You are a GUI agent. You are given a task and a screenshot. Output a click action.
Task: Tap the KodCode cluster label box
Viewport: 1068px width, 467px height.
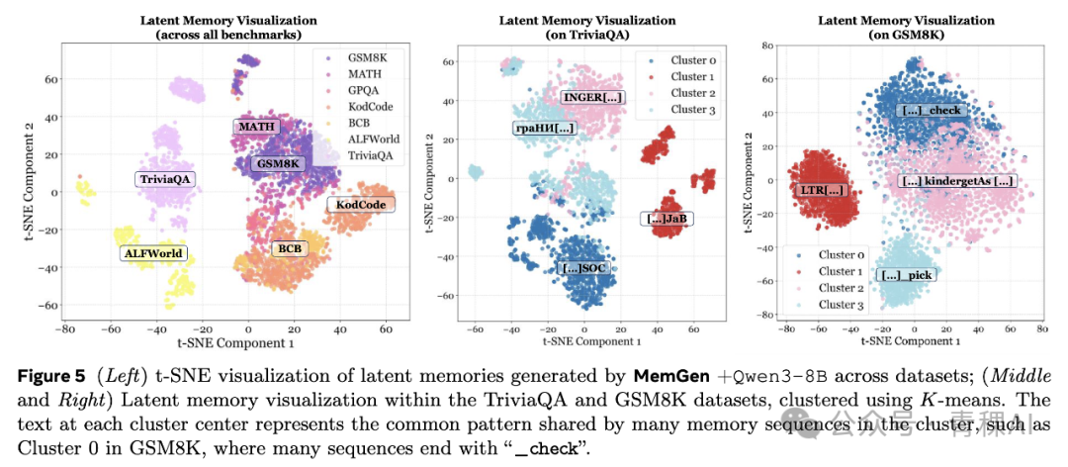pyautogui.click(x=359, y=205)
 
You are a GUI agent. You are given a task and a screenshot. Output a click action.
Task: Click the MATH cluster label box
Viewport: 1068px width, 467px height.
pyautogui.click(x=256, y=127)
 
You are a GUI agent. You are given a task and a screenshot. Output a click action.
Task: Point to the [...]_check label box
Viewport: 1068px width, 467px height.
pyautogui.click(x=931, y=111)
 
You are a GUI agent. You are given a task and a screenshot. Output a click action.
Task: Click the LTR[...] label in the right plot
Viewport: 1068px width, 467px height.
pyautogui.click(x=820, y=189)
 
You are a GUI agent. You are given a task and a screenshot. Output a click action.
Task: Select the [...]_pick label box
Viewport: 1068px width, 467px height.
pyautogui.click(x=905, y=274)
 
